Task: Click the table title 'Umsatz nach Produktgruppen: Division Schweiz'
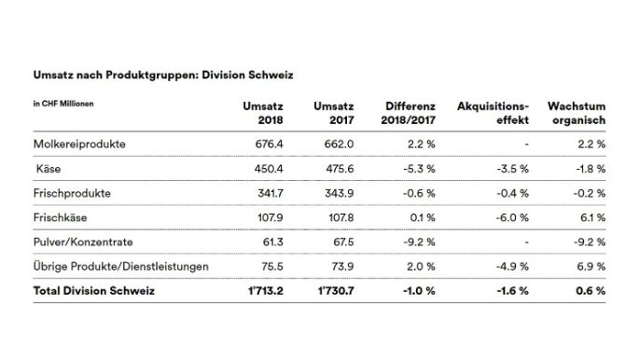[154, 73]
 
